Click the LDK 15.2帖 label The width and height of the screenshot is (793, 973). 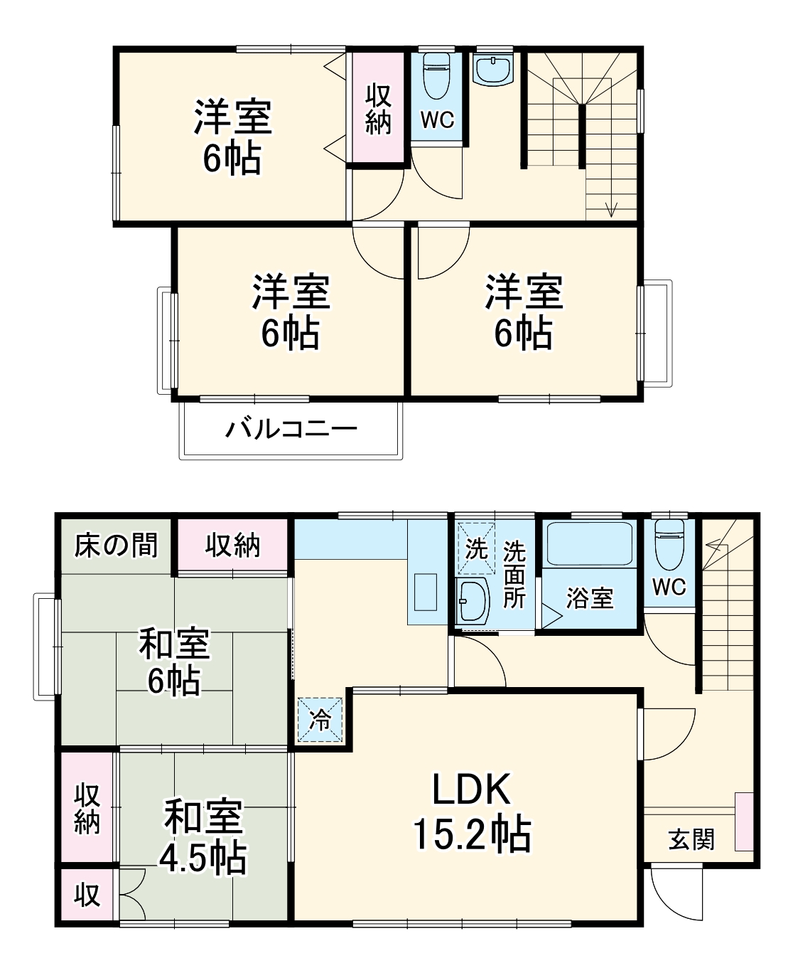coord(472,811)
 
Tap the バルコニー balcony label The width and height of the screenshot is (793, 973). coord(291,430)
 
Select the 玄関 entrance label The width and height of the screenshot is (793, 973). coord(691,840)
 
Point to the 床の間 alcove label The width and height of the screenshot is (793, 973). coord(116,546)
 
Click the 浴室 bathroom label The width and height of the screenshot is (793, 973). coord(589,598)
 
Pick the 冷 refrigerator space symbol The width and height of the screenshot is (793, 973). coord(320,720)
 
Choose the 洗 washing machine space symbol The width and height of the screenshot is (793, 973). coord(476,548)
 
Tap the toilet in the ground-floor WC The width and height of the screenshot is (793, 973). coord(669,543)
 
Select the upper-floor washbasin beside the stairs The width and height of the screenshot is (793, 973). coord(493,70)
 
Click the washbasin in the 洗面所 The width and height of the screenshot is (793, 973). coord(470,600)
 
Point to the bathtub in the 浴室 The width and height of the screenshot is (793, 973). coord(588,546)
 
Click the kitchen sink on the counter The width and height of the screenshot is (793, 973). coord(426,592)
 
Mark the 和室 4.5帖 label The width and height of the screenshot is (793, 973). coord(203,836)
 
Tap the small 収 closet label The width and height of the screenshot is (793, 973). coord(87,894)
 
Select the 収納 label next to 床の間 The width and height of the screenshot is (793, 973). coord(232,546)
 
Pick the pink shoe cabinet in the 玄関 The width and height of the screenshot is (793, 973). coord(744,821)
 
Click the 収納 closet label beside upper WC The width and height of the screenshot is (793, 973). coord(378,109)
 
